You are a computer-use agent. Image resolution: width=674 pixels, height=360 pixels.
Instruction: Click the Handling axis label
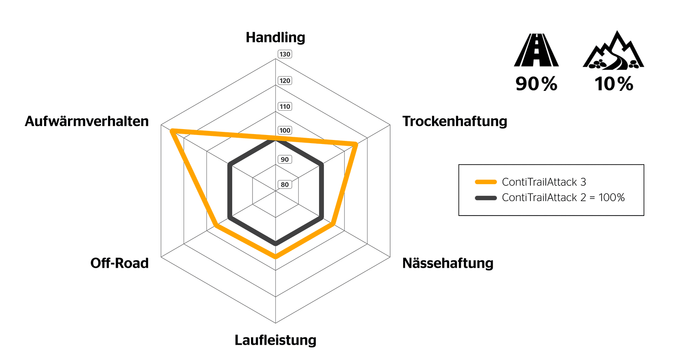(x=275, y=37)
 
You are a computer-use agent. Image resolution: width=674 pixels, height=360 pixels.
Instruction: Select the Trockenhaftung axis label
(x=454, y=121)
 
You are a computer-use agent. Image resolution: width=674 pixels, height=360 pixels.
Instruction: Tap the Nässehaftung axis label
(x=448, y=263)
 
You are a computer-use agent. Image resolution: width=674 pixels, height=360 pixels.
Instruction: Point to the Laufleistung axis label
(x=275, y=340)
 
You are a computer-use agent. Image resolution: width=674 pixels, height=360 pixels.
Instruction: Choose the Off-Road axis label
(x=119, y=263)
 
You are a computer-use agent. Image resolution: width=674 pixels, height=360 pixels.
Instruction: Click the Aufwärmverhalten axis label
(x=87, y=121)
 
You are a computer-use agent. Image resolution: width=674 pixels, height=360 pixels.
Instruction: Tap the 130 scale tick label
(x=285, y=54)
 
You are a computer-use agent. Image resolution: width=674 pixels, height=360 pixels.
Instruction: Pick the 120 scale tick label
(x=285, y=81)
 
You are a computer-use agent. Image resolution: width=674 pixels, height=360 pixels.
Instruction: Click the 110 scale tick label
(x=285, y=107)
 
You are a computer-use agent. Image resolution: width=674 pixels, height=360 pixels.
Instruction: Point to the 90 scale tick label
(x=285, y=159)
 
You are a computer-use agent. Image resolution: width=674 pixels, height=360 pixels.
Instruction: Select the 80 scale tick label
(x=285, y=184)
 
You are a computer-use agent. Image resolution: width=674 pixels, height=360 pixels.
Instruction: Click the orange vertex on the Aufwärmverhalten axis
(x=172, y=131)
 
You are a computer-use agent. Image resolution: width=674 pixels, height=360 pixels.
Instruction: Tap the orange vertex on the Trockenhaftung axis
(x=355, y=144)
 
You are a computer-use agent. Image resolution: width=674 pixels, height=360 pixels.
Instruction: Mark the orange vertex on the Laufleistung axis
(x=275, y=257)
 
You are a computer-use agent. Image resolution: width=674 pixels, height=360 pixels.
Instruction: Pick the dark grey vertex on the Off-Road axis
(x=229, y=218)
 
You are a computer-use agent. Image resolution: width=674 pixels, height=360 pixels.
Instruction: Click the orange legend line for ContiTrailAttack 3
(x=485, y=182)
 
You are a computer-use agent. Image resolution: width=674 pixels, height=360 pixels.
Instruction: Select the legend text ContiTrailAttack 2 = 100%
(x=563, y=197)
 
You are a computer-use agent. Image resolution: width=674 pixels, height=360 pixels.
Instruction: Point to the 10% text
(x=613, y=85)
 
